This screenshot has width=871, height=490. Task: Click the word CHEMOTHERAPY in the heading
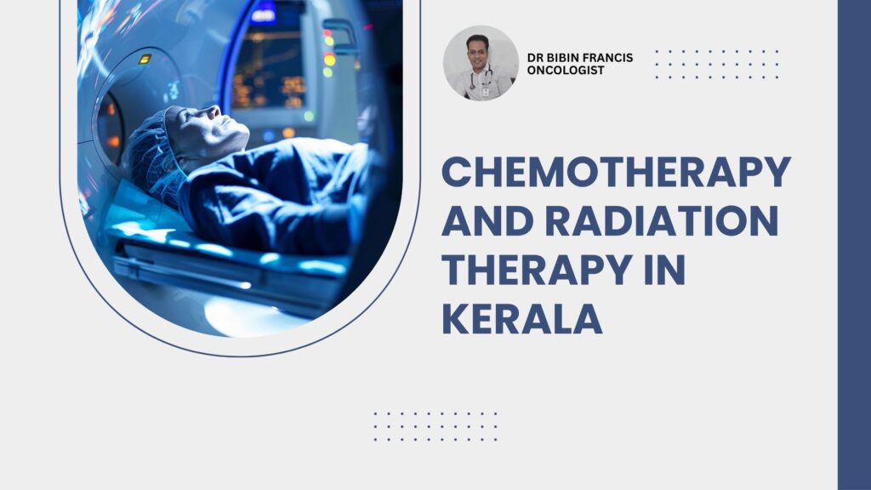pyautogui.click(x=616, y=172)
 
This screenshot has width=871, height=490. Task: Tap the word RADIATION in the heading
pyautogui.click(x=662, y=220)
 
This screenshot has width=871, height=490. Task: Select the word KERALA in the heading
pyautogui.click(x=522, y=318)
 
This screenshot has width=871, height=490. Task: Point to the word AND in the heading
pyautogui.click(x=488, y=220)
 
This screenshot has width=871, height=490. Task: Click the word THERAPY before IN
pyautogui.click(x=537, y=270)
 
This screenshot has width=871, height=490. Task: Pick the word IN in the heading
pyautogui.click(x=664, y=270)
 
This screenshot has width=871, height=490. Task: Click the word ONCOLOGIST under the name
pyautogui.click(x=566, y=71)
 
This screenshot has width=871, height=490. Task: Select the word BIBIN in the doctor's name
pyautogui.click(x=562, y=57)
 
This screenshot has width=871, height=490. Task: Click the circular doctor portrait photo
pyautogui.click(x=481, y=63)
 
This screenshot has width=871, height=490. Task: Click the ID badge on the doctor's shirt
pyautogui.click(x=486, y=92)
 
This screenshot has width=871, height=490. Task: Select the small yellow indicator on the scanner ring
pyautogui.click(x=145, y=59)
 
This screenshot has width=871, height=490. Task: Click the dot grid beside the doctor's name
pyautogui.click(x=716, y=64)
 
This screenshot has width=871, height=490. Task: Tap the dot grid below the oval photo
pyautogui.click(x=435, y=427)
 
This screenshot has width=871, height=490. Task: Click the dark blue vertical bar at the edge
pyautogui.click(x=854, y=245)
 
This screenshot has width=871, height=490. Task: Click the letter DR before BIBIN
pyautogui.click(x=534, y=57)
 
